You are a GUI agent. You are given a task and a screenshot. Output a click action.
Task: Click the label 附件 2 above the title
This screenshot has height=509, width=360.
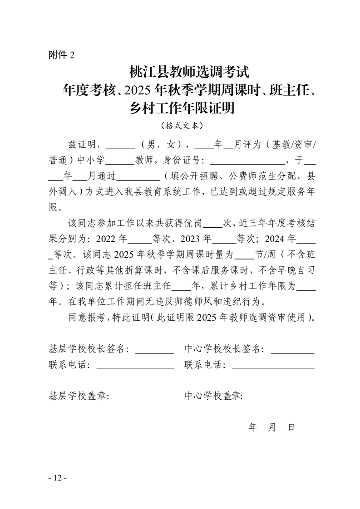(61, 55)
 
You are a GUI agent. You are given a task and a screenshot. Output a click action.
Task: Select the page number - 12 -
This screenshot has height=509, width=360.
(57, 478)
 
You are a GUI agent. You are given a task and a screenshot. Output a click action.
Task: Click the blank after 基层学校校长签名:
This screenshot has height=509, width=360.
(155, 350)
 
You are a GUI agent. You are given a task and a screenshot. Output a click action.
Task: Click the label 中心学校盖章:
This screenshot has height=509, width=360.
(214, 396)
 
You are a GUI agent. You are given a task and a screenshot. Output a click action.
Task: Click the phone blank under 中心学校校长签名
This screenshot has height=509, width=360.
(273, 365)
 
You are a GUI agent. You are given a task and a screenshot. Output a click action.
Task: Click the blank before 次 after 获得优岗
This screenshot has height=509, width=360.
(212, 223)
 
